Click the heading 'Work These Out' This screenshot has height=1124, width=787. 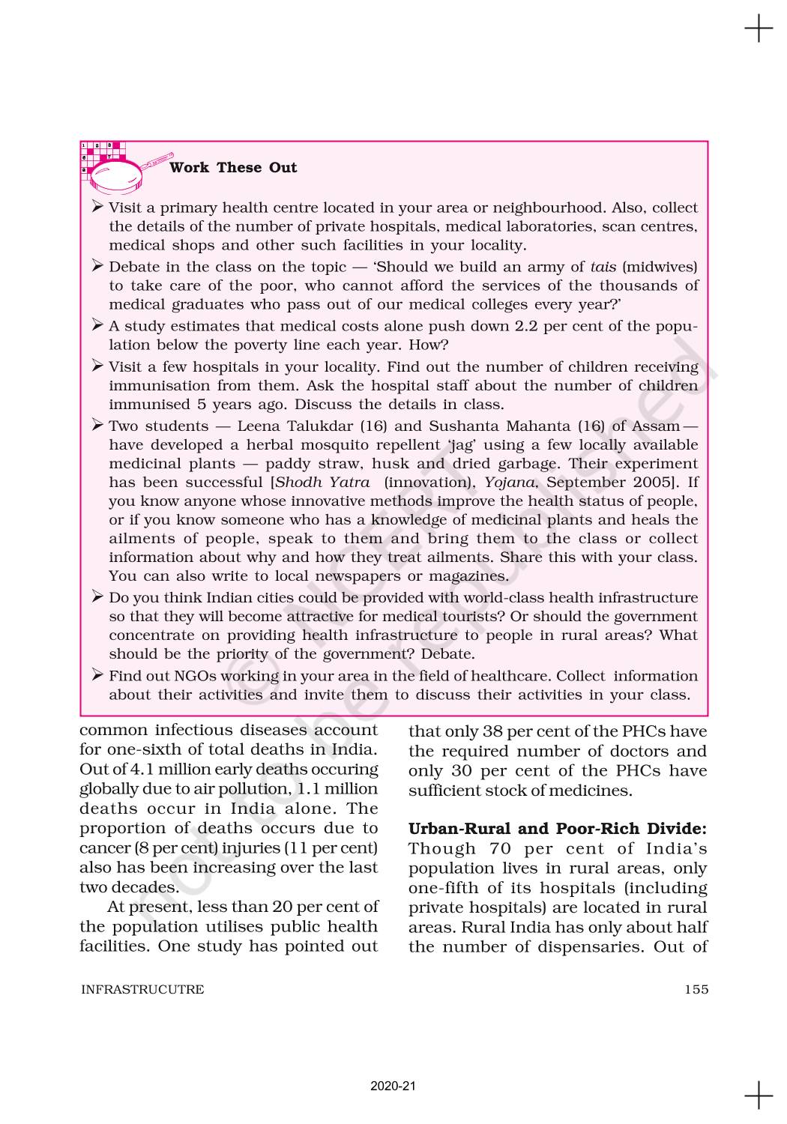pos(233,168)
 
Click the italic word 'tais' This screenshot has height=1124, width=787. pos(603,267)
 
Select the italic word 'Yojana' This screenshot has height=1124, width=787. pos(509,482)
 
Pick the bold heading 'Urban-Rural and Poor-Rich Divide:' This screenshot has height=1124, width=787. pos(558,829)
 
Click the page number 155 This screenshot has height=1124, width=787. pos(696,989)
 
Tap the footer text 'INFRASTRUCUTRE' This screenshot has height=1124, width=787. pos(142,989)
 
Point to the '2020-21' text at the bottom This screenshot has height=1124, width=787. pos(393,1086)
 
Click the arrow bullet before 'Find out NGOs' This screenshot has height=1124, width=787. pos(97,675)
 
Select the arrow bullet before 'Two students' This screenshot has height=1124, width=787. pos(97,425)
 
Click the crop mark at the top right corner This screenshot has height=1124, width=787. pos(759,29)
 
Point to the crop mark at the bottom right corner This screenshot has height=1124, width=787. pos(759,1095)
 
